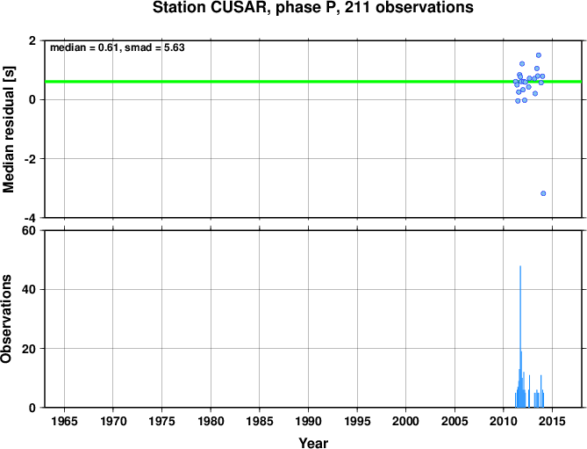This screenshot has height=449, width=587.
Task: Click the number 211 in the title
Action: (357, 7)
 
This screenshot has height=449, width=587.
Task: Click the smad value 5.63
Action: (175, 47)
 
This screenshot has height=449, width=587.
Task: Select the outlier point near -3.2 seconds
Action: (543, 193)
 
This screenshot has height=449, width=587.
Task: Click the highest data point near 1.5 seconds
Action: (539, 55)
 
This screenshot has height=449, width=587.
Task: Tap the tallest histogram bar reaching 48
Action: (520, 337)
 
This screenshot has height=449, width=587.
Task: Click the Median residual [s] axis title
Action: (8, 129)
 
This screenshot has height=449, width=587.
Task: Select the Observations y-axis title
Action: (6, 319)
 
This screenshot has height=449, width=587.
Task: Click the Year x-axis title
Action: (313, 443)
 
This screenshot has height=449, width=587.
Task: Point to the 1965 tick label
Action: (64, 421)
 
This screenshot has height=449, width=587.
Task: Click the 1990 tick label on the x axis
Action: (308, 421)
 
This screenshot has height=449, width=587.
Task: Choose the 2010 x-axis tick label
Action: (503, 421)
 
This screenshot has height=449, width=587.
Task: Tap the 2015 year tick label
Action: (552, 421)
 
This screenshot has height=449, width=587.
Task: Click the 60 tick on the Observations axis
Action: (29, 231)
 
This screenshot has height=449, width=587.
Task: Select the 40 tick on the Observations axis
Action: (29, 290)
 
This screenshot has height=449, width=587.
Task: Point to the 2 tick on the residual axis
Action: (32, 40)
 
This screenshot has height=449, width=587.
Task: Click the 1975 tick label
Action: (161, 421)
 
